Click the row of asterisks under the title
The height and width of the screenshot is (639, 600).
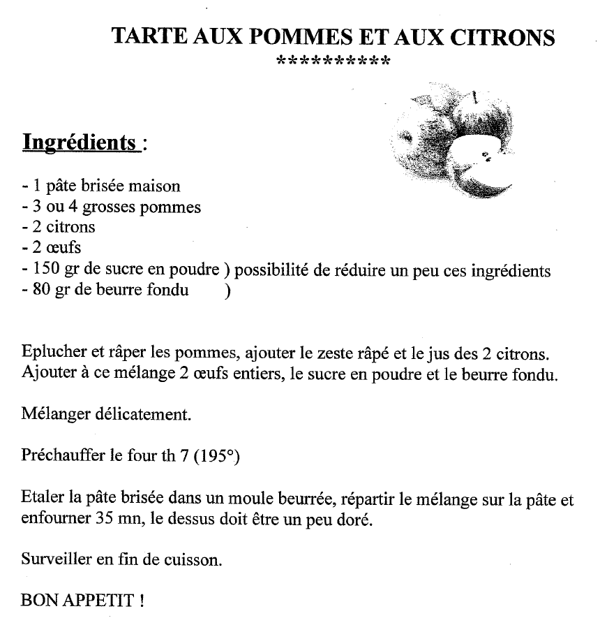coord(333,61)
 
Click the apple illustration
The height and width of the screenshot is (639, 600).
coord(453,143)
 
